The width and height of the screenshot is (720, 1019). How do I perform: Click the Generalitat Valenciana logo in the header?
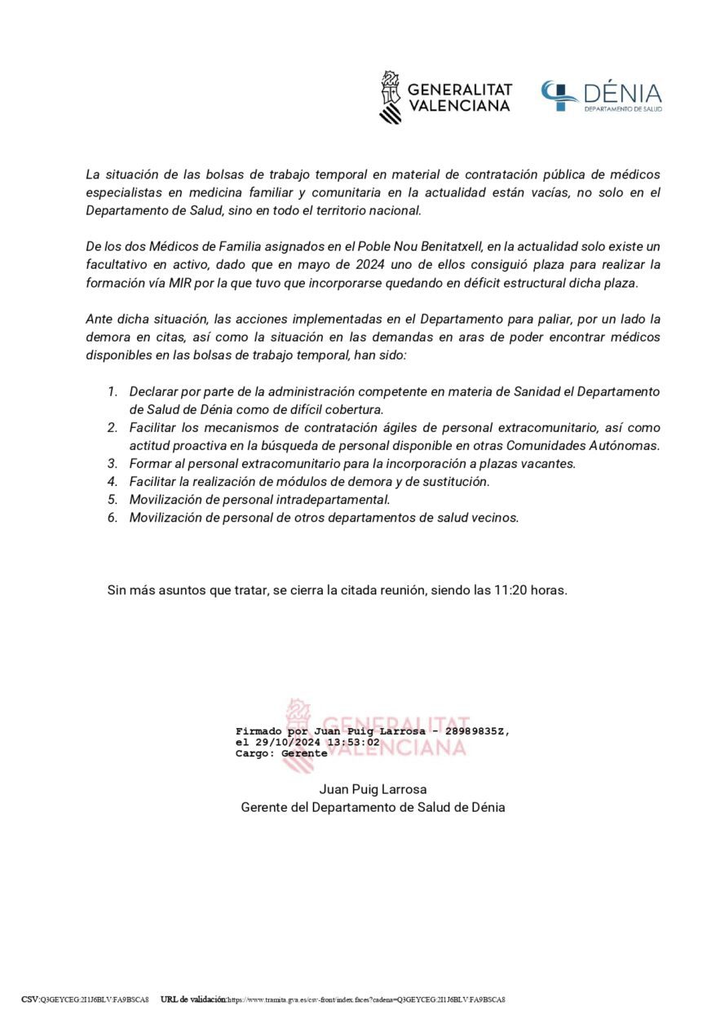445,97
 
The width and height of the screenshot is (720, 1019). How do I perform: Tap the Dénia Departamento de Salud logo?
602,97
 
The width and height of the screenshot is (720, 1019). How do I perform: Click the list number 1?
113,392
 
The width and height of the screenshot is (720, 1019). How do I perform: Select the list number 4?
113,482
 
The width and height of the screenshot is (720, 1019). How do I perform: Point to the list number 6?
113,518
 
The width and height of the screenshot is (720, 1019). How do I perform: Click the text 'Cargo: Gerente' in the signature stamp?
280,754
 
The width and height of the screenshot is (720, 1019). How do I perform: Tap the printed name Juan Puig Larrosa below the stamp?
373,789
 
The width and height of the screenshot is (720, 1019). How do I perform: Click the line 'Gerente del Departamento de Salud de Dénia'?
373,807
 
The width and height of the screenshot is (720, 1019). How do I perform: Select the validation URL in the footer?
366,999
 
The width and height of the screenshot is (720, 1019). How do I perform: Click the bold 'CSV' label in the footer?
30,999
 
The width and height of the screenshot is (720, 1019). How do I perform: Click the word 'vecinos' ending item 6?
495,518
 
